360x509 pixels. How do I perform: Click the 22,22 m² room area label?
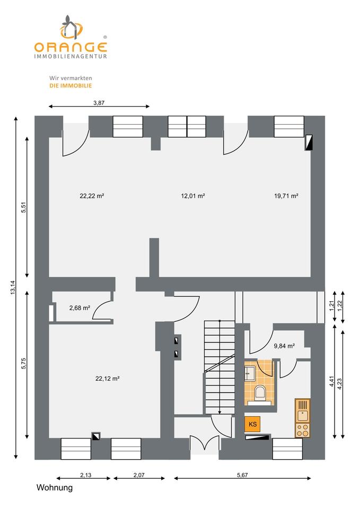click(x=91, y=196)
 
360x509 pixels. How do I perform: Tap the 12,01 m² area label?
click(x=193, y=196)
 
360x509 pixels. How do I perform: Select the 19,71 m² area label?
click(x=286, y=196)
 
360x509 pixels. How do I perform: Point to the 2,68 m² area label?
click(x=80, y=308)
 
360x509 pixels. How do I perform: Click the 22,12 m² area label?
click(x=107, y=378)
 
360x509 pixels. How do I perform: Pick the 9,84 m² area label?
click(x=284, y=346)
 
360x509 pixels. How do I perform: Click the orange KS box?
click(x=253, y=424)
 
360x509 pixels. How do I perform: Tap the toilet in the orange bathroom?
click(x=260, y=393)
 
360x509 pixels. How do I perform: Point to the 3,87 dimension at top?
click(x=99, y=103)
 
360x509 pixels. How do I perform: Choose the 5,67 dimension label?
click(x=243, y=475)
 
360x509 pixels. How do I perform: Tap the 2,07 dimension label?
click(x=138, y=475)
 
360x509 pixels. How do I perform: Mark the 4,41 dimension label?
click(x=332, y=382)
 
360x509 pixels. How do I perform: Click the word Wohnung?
click(x=54, y=488)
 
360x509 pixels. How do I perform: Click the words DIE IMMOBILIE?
click(x=71, y=85)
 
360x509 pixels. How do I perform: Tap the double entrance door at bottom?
click(x=204, y=445)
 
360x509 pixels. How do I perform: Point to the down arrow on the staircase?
click(x=219, y=411)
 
